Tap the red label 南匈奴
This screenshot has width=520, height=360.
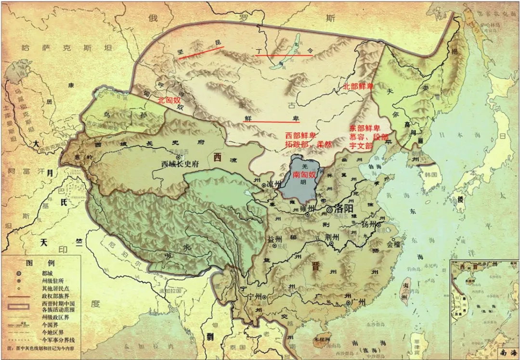304,175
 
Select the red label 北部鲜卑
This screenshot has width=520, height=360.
358,87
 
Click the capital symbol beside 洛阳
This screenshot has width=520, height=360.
330,210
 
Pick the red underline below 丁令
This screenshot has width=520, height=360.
284,55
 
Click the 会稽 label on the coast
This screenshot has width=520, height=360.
393,244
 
